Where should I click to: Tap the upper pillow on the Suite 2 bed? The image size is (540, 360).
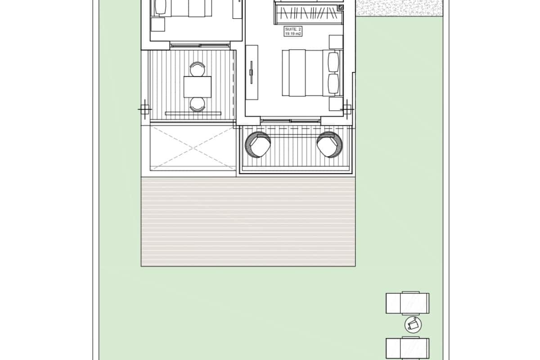click(x=333, y=62)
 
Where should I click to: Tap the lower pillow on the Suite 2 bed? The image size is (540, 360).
click(x=333, y=84)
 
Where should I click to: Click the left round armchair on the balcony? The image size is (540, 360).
click(x=258, y=144)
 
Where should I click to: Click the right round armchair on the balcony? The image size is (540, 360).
click(x=329, y=144)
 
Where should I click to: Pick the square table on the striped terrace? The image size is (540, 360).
click(x=198, y=87)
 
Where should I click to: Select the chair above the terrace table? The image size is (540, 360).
click(x=197, y=69)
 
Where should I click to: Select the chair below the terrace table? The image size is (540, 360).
click(x=197, y=104)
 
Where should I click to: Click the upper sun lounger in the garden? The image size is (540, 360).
click(x=407, y=303)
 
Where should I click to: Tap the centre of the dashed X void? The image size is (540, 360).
click(x=193, y=148)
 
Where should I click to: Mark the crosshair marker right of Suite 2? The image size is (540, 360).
click(x=347, y=108)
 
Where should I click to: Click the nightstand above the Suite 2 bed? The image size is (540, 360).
click(x=336, y=41)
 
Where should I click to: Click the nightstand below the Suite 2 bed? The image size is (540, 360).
click(x=336, y=104)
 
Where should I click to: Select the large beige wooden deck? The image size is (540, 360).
click(x=248, y=221)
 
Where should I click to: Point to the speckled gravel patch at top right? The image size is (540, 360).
click(x=398, y=8)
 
